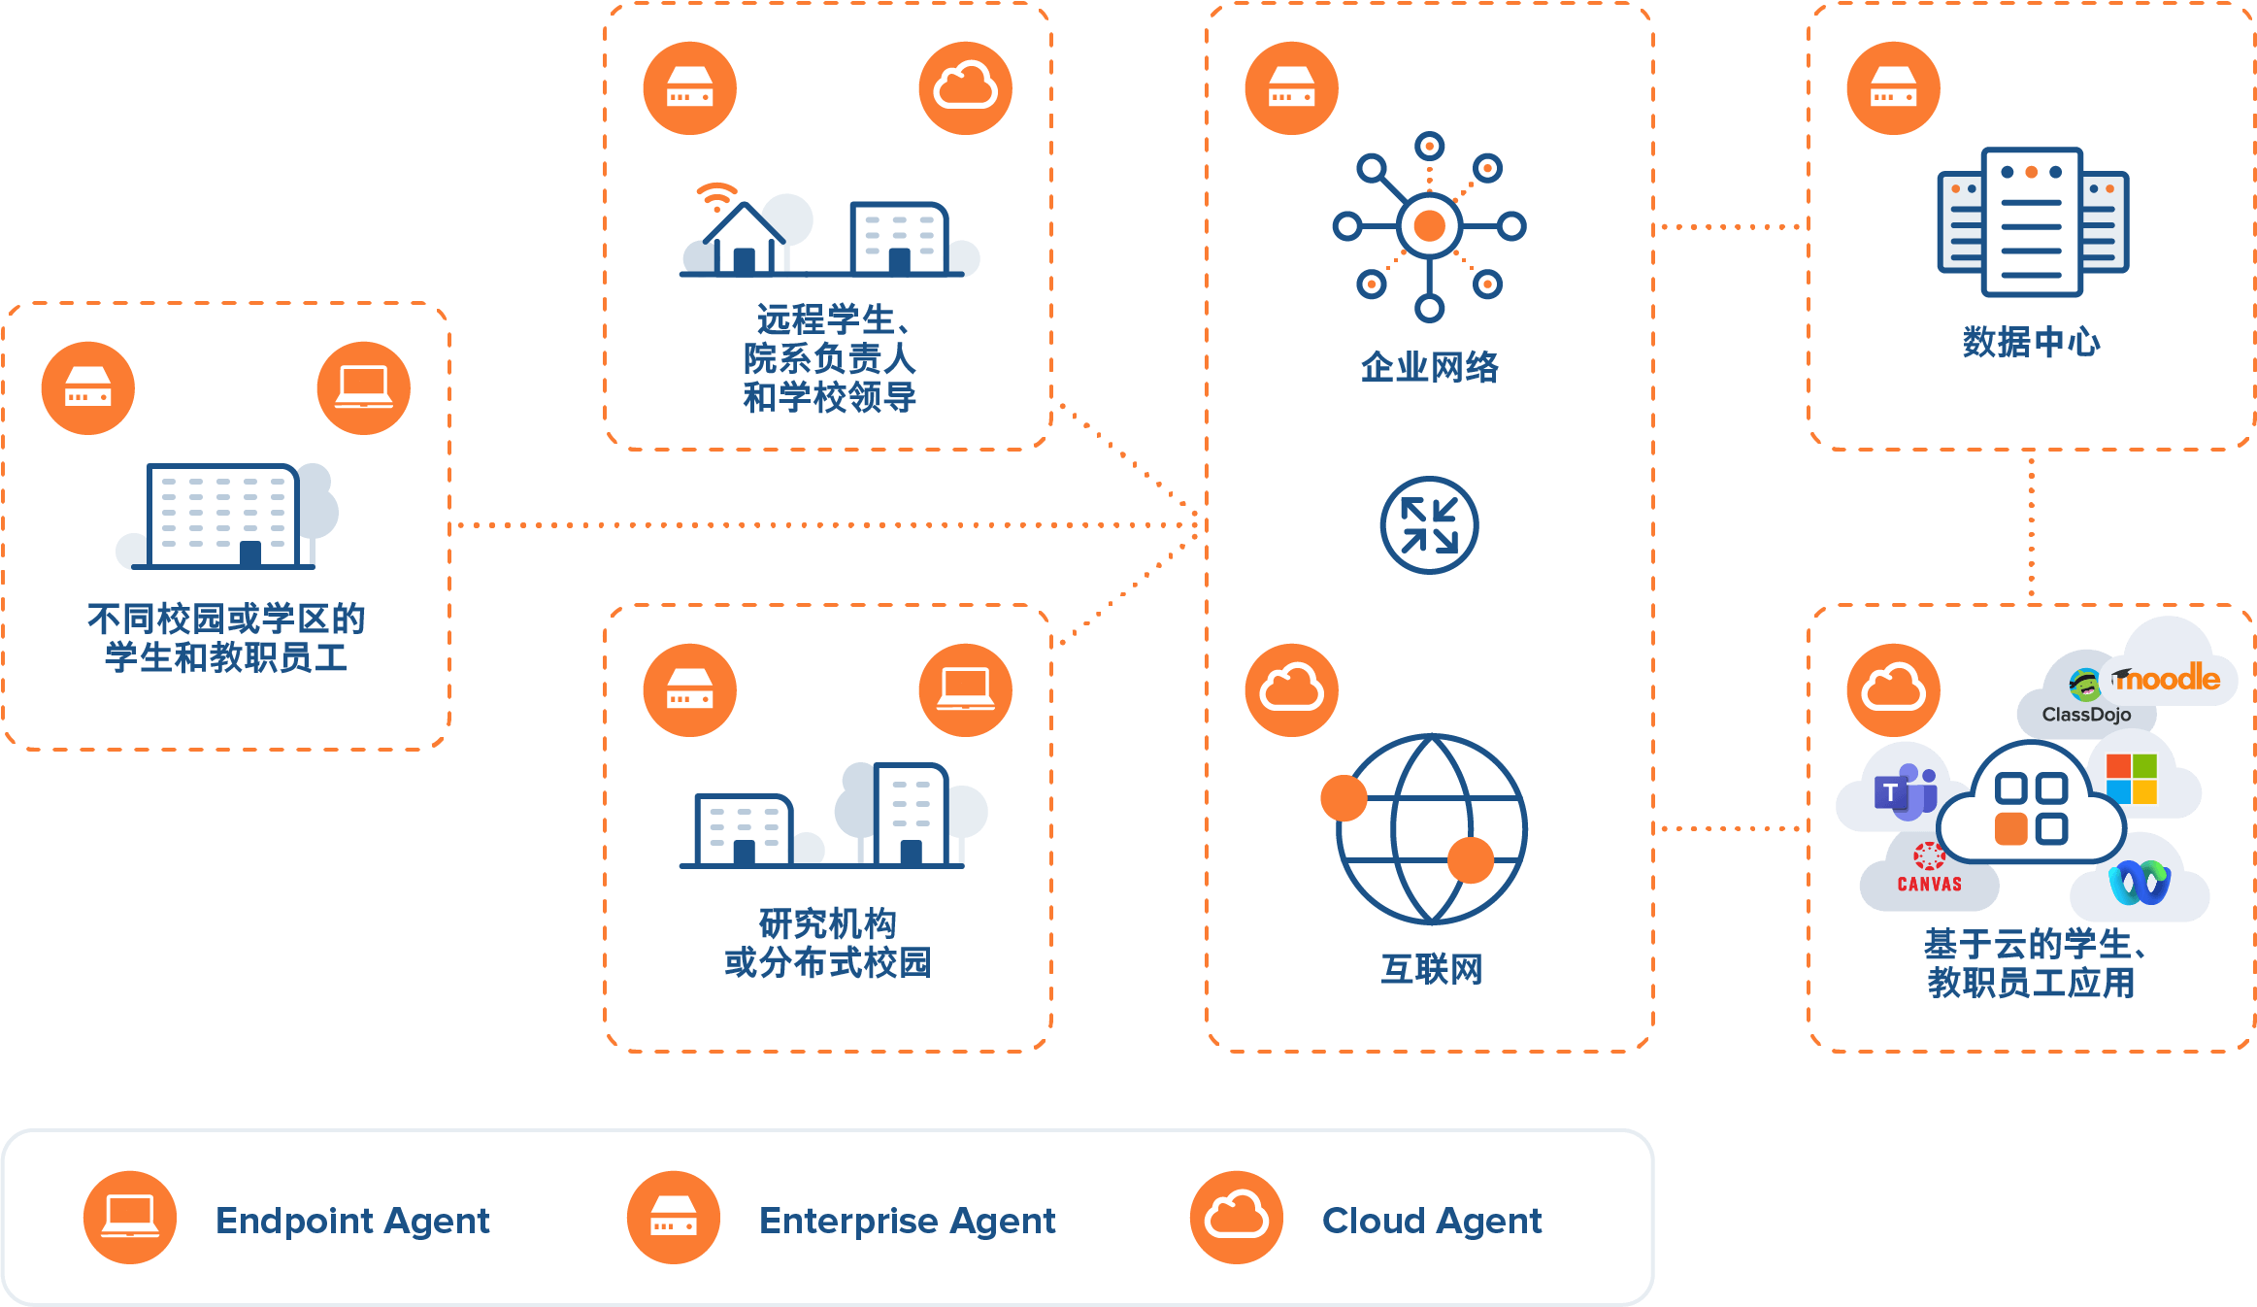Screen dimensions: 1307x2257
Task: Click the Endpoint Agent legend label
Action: click(x=352, y=1221)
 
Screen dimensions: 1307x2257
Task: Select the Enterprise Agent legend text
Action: click(x=907, y=1221)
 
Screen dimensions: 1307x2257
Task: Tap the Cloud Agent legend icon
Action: click(x=1237, y=1217)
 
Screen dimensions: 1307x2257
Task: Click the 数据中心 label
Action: click(x=2031, y=342)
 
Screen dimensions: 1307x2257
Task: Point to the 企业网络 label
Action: click(x=1429, y=367)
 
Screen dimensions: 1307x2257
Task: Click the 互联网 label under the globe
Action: click(x=1431, y=969)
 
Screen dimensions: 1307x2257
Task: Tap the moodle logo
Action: click(x=2169, y=678)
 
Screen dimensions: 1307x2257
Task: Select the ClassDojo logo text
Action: click(x=2086, y=715)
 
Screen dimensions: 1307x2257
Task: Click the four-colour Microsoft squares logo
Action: click(x=2132, y=779)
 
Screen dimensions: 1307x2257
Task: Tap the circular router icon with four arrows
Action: click(x=1429, y=525)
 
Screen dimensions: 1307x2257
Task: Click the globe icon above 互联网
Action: click(x=1431, y=828)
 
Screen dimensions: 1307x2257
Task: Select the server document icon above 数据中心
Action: click(x=2032, y=221)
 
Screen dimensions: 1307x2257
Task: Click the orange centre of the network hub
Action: click(x=1429, y=226)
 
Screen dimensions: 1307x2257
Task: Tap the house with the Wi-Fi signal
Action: click(x=743, y=236)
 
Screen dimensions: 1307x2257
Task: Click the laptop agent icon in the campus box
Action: click(x=364, y=387)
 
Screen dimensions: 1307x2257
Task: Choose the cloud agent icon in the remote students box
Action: click(x=965, y=87)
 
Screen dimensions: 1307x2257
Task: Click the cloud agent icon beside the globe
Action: click(x=1291, y=689)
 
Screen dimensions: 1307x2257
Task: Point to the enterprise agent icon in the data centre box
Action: click(x=1893, y=87)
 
